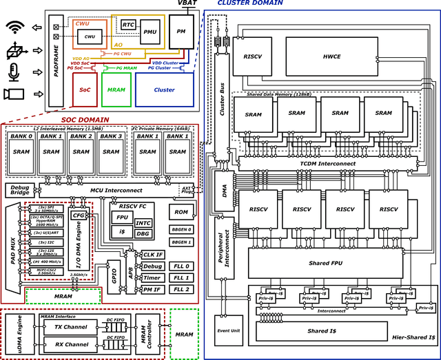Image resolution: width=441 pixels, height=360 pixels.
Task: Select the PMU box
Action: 149,31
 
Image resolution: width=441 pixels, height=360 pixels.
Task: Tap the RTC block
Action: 128,25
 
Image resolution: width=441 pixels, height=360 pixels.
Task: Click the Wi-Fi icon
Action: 15,28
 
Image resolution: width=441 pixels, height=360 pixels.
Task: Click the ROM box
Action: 181,213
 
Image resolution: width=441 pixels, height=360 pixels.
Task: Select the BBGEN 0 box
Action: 181,229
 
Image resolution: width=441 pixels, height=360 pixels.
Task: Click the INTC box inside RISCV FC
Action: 143,223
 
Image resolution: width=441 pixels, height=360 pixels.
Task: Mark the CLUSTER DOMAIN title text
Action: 249,3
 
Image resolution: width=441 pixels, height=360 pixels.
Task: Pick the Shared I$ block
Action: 320,332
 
